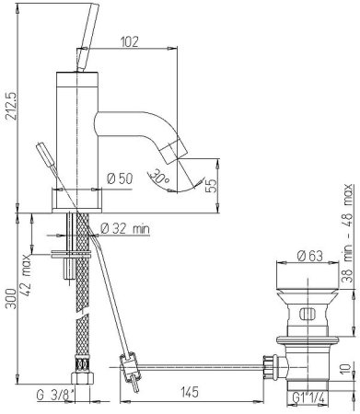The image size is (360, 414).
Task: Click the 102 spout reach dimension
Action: coord(129,41)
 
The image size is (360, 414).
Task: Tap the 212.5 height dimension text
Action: coord(10,107)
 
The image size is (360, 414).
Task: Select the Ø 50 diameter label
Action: coord(121,178)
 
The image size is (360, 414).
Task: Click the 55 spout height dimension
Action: coord(211,185)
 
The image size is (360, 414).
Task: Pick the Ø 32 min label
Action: coord(125,228)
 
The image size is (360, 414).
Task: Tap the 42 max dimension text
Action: coord(27,274)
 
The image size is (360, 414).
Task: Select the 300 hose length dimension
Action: coord(10,298)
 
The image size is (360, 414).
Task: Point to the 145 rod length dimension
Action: coord(190,392)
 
